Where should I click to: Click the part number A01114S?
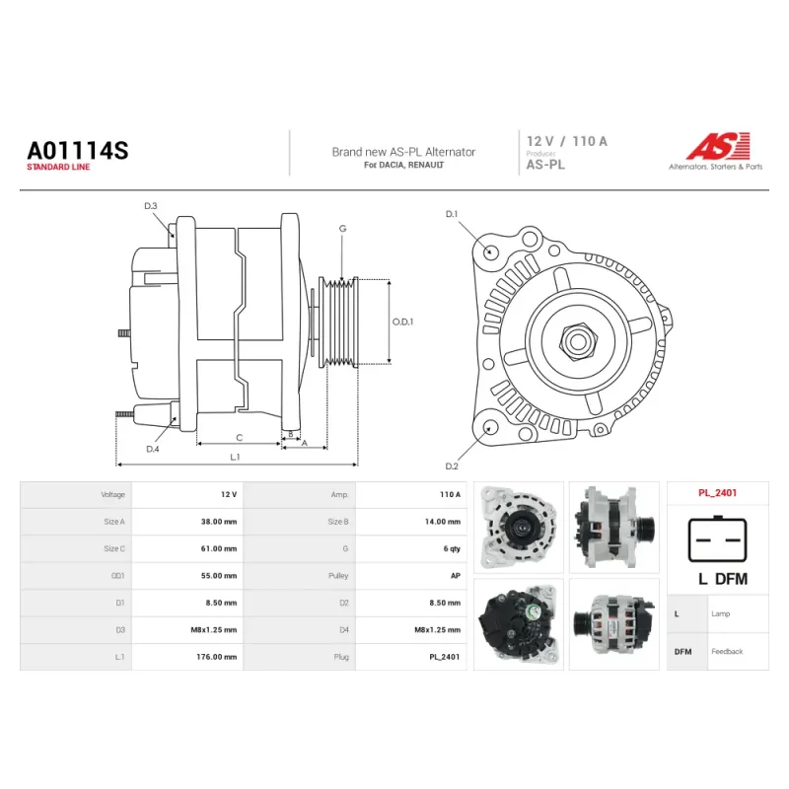pyautogui.click(x=78, y=151)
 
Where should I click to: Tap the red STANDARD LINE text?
pyautogui.click(x=58, y=167)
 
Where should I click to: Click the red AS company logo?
pyautogui.click(x=719, y=146)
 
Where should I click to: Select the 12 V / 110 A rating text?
pyautogui.click(x=567, y=141)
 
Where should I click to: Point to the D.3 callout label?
pyautogui.click(x=151, y=206)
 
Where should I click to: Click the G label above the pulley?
pyautogui.click(x=342, y=229)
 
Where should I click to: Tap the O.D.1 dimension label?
pyautogui.click(x=402, y=322)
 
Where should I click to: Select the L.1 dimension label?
pyautogui.click(x=235, y=457)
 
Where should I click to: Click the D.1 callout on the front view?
pyautogui.click(x=452, y=214)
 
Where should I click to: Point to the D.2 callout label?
pyautogui.click(x=452, y=466)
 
